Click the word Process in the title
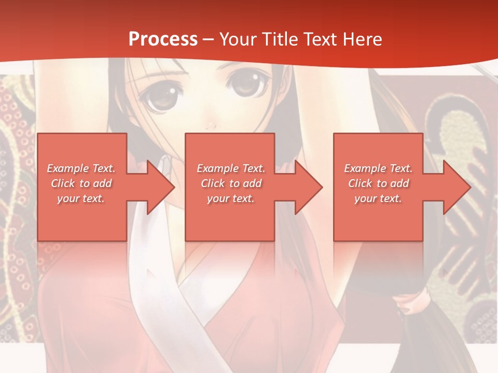click(x=163, y=39)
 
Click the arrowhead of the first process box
click(x=161, y=187)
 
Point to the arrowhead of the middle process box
click(x=309, y=187)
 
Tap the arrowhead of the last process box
click(x=457, y=187)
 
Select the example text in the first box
click(x=81, y=183)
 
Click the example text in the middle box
click(x=230, y=183)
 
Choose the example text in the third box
click(x=378, y=183)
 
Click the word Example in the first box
click(x=68, y=168)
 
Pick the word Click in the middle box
click(x=212, y=183)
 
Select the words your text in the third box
click(x=378, y=198)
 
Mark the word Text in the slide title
click(x=319, y=39)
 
